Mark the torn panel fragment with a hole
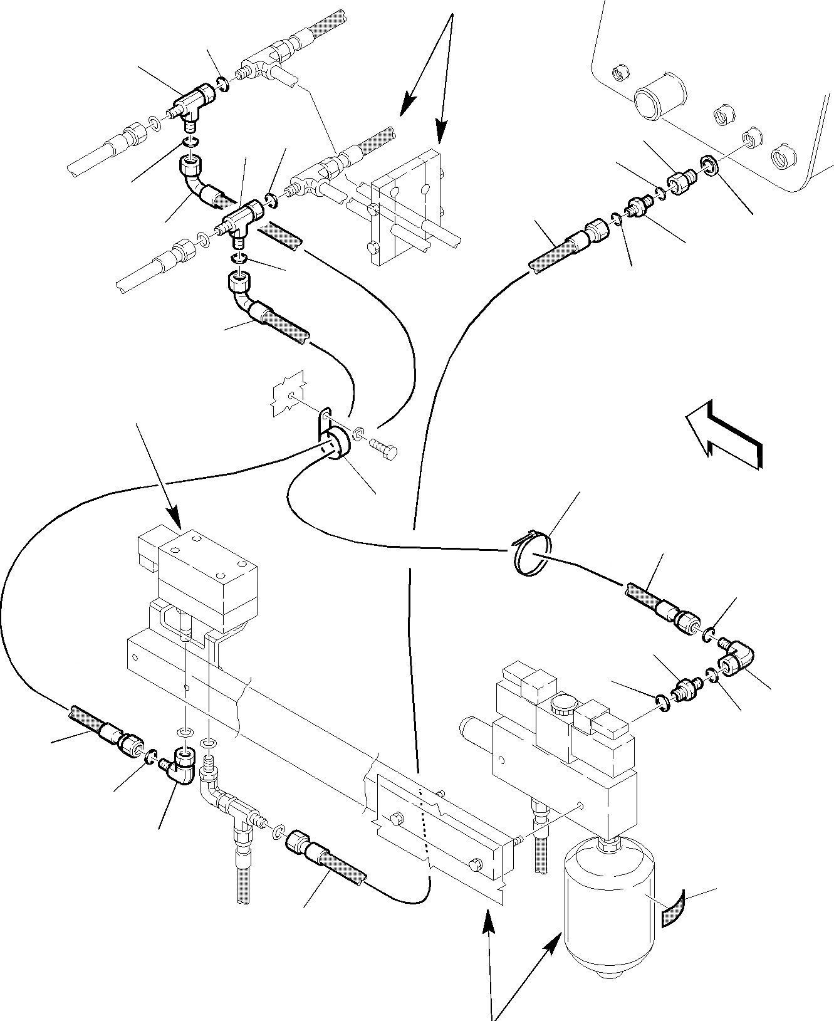[288, 393]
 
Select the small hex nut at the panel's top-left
[619, 72]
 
